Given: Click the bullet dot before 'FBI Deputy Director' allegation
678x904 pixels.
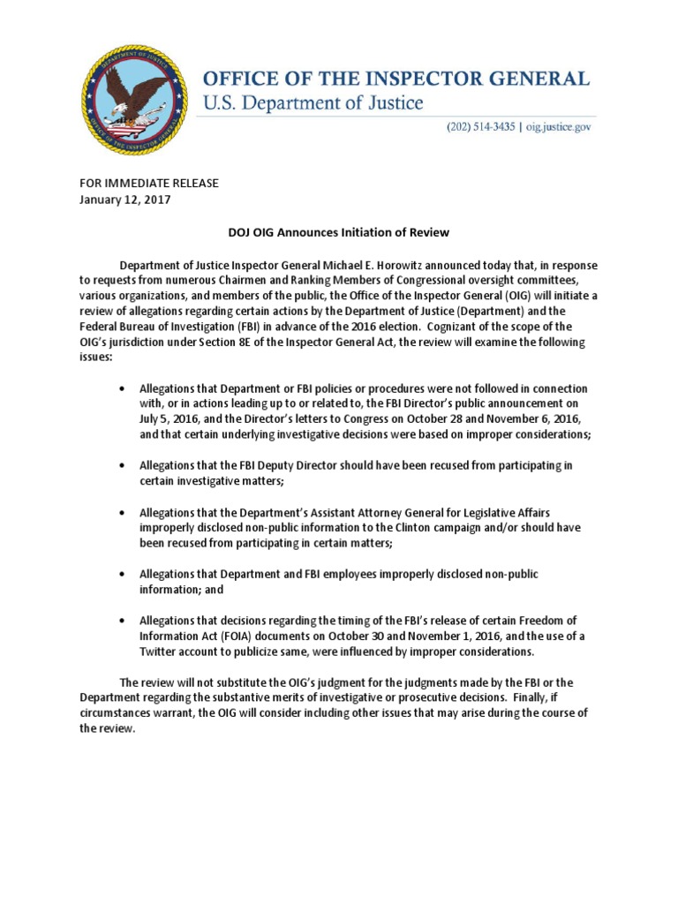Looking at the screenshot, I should click(121, 464).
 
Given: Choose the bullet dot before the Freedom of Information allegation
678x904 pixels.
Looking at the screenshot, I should click(121, 620).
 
